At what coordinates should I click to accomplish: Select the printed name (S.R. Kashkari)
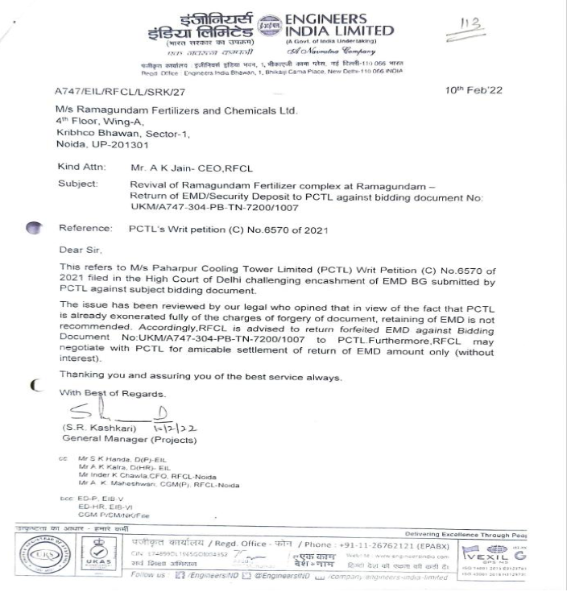coord(92,427)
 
